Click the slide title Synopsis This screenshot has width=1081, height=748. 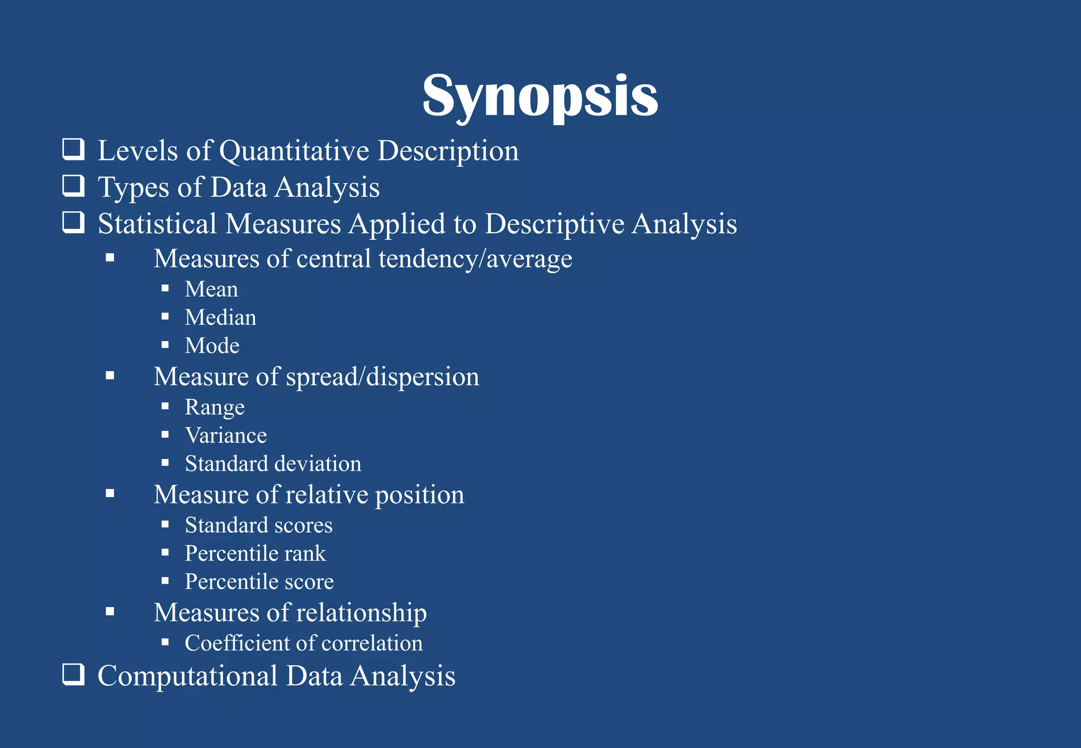[540, 96]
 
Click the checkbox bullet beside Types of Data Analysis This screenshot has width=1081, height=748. [73, 186]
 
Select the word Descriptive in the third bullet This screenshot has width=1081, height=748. [554, 224]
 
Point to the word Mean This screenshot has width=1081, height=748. [211, 289]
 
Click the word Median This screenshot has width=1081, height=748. [221, 318]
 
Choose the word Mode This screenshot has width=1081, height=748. [212, 346]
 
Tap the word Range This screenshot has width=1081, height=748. [215, 407]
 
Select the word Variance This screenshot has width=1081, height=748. [226, 436]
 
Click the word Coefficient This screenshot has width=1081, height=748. [237, 643]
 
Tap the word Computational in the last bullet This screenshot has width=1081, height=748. [188, 676]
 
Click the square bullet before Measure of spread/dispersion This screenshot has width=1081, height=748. [110, 376]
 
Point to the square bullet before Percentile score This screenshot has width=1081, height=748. [165, 581]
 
